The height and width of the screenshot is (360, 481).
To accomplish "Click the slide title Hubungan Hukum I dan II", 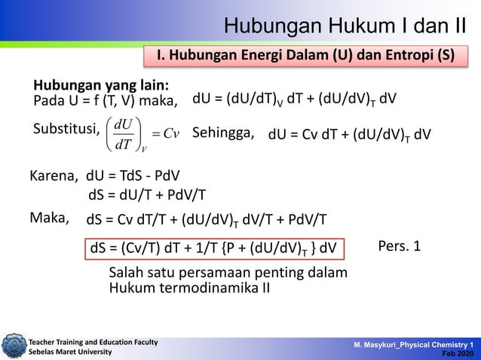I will coord(345,26).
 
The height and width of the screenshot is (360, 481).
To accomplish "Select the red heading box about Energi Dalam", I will coord(310,57).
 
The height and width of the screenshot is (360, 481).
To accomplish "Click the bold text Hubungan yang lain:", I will coord(100,84).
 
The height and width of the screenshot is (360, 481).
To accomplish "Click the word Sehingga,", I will coord(224,133).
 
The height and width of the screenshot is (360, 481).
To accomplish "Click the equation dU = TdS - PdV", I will coord(133,176).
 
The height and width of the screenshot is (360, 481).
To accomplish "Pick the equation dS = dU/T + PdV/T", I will coord(147,196).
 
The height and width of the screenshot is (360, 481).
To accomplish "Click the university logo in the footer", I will coord(13,345).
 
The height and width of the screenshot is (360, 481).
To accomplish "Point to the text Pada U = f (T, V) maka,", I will coord(106,101).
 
